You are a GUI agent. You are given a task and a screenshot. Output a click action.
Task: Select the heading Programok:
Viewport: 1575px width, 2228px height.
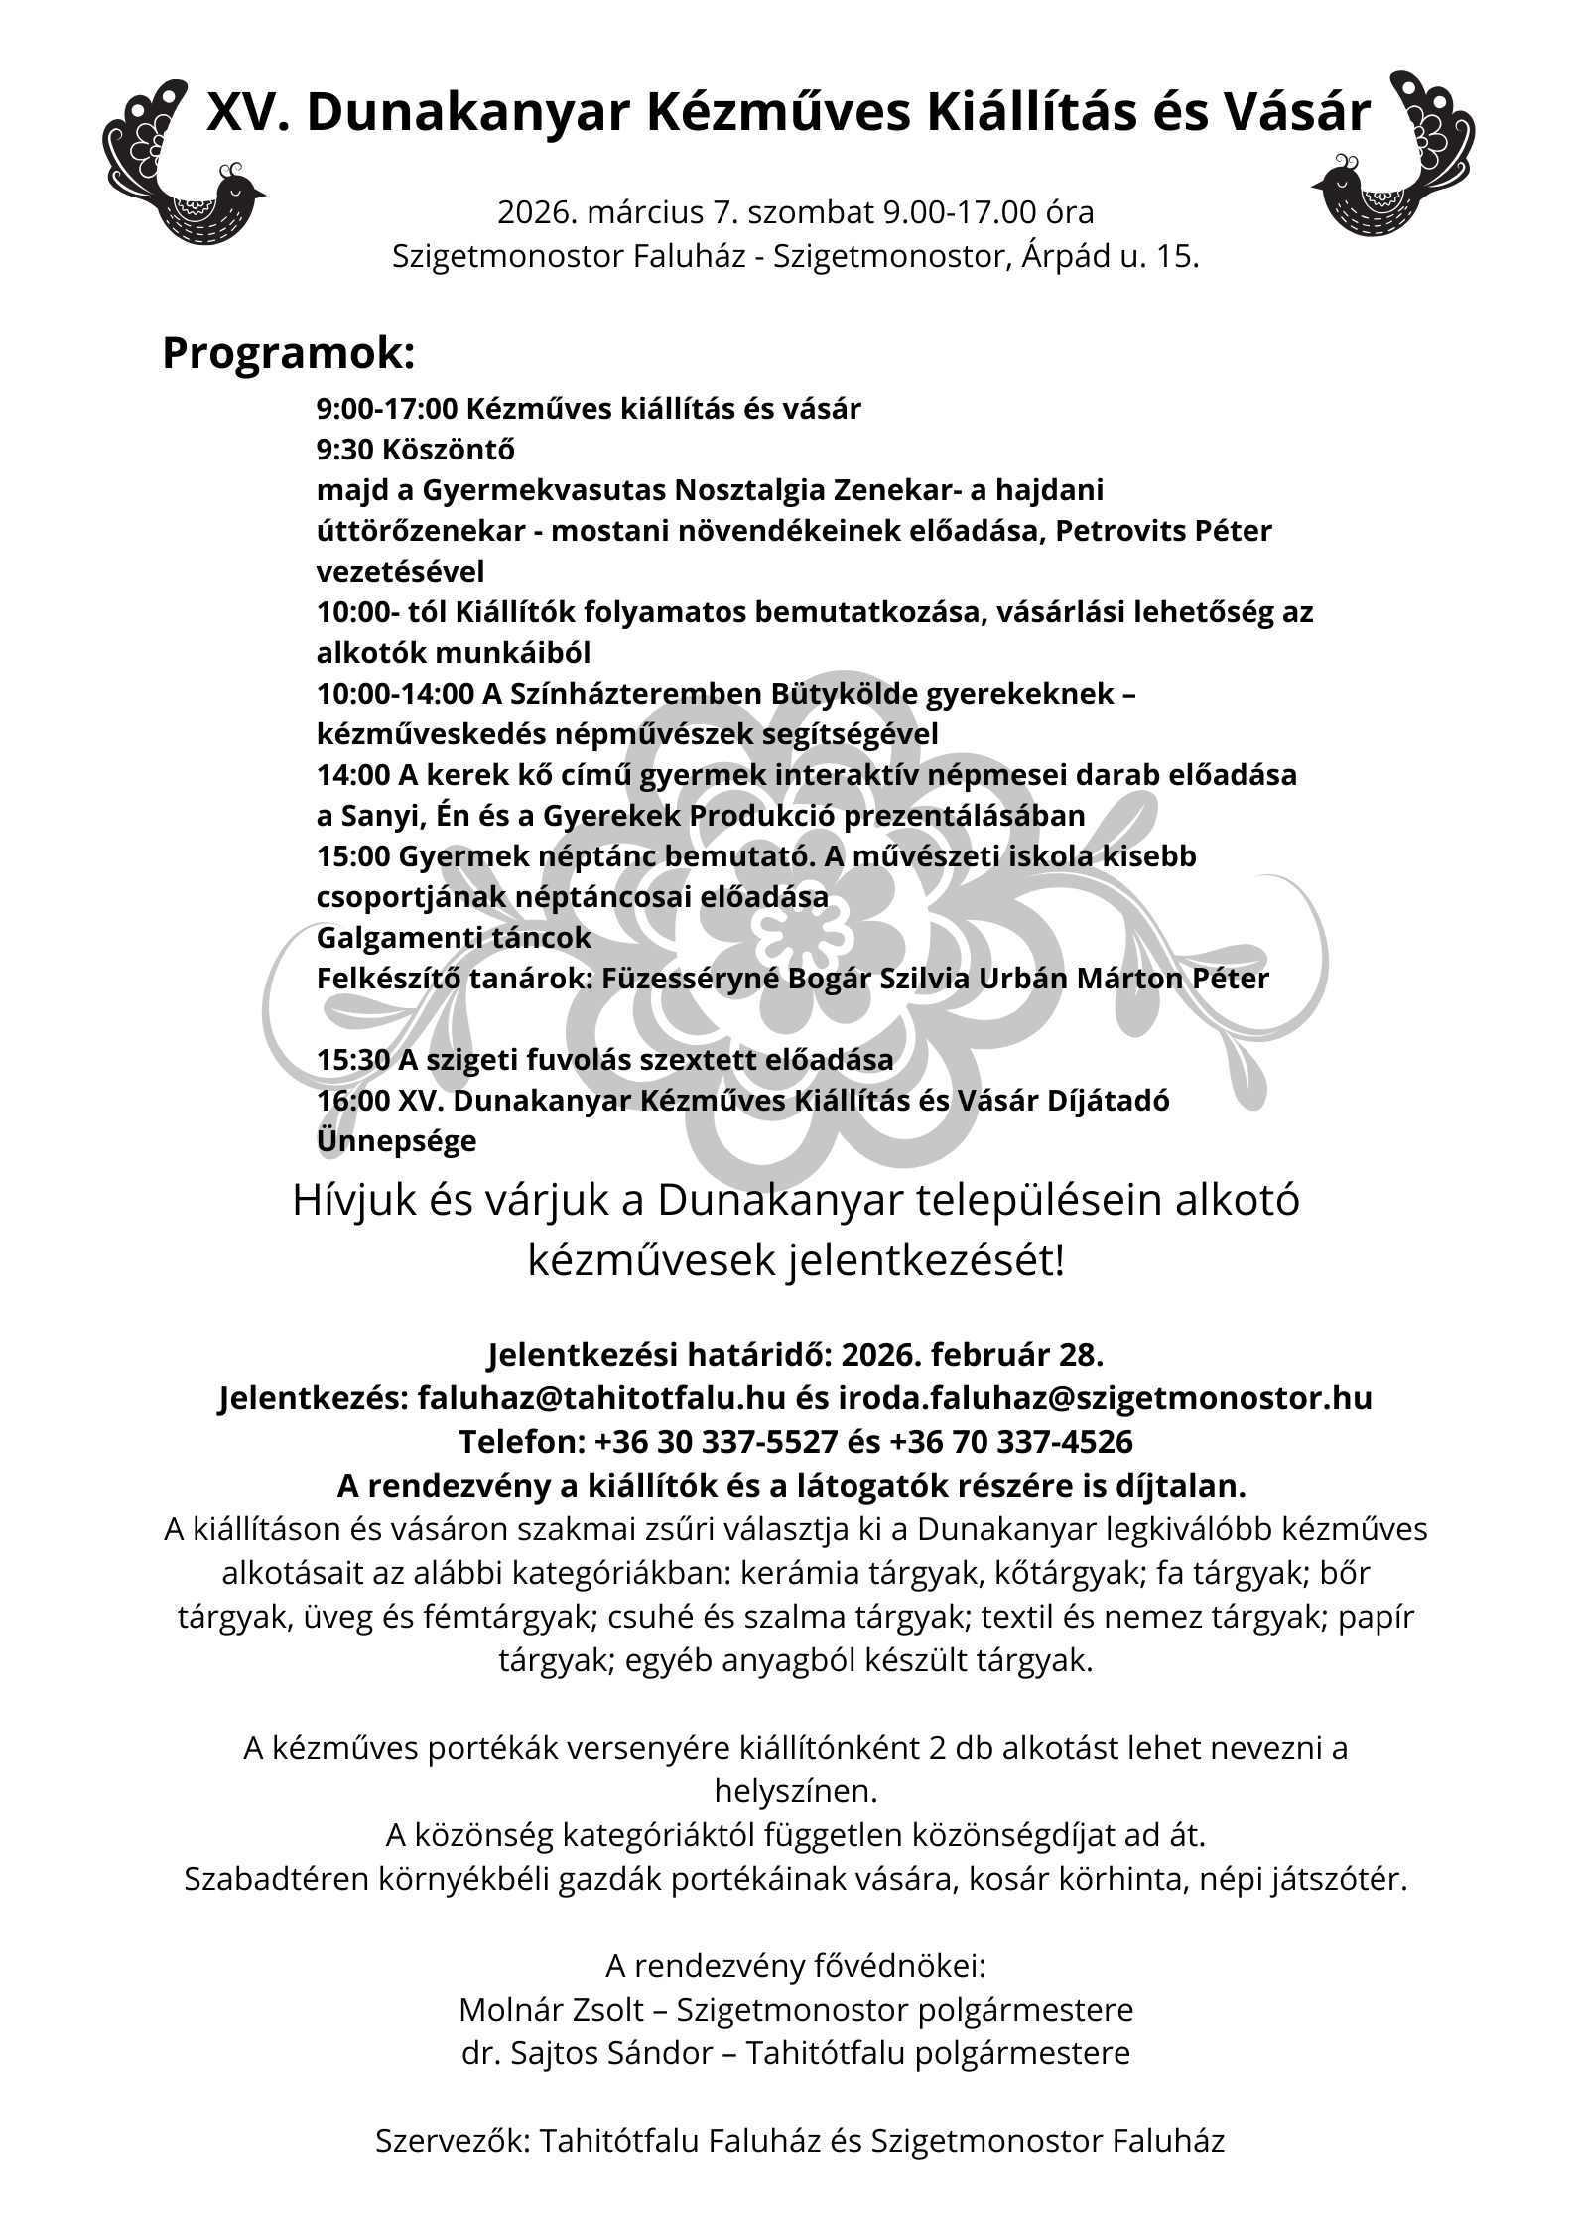pyautogui.click(x=288, y=353)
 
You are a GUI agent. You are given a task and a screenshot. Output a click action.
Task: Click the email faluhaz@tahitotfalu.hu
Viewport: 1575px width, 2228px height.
pyautogui.click(x=601, y=1398)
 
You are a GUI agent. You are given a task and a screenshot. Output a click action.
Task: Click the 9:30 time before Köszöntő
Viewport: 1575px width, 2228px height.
pyautogui.click(x=344, y=450)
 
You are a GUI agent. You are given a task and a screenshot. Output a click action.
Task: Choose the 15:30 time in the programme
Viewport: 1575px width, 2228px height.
pyautogui.click(x=353, y=1060)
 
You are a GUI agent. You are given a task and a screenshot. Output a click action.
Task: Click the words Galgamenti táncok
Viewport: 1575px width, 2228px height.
pyautogui.click(x=454, y=938)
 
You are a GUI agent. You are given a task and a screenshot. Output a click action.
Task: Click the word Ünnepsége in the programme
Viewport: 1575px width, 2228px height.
pyautogui.click(x=396, y=1141)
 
